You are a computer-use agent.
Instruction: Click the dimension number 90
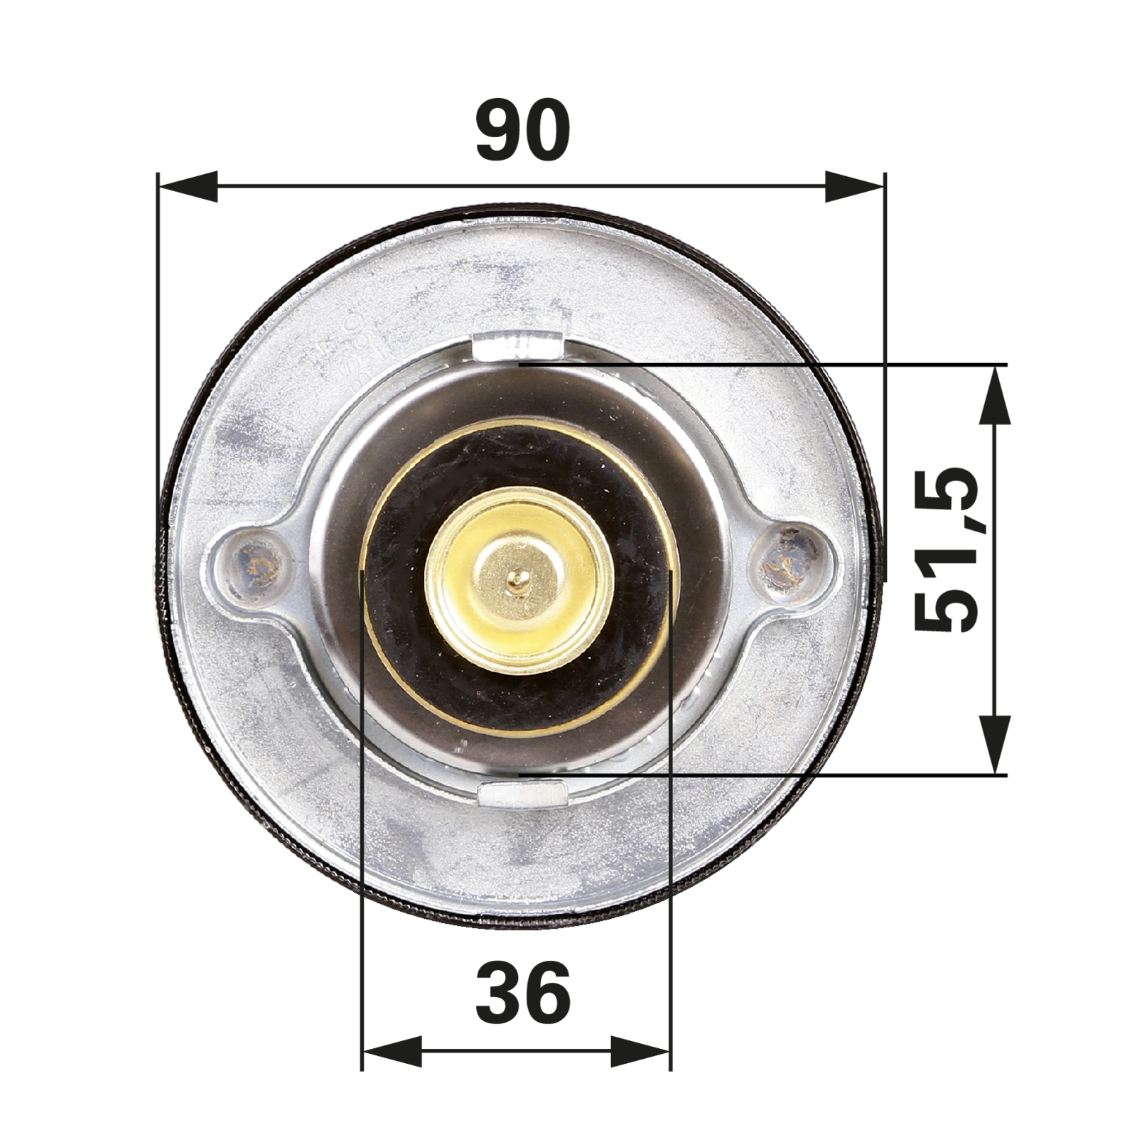coord(523,131)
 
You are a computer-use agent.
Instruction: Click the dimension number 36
coord(523,993)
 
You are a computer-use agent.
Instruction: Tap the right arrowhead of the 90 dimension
coord(855,186)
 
